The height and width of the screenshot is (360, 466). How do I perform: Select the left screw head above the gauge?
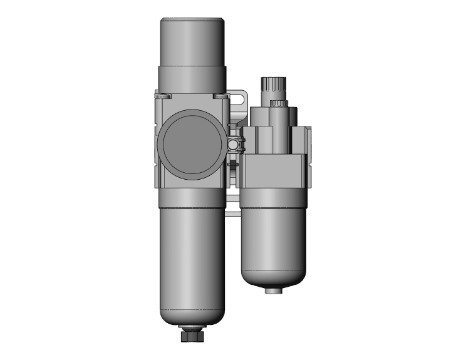(x=163, y=96)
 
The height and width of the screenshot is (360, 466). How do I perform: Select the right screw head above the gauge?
(x=220, y=96)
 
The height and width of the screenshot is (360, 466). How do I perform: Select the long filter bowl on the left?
(x=192, y=263)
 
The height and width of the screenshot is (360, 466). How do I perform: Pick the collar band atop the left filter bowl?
(x=192, y=197)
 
